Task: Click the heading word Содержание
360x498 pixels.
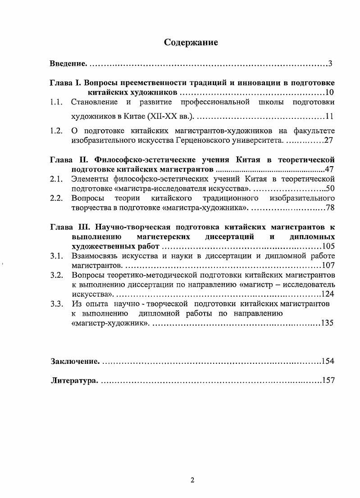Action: coord(191,43)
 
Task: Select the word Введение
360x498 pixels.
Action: coord(68,63)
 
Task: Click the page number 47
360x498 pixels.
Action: coord(329,170)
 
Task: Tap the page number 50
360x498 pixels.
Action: coord(329,189)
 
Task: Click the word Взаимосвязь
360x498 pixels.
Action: coord(96,256)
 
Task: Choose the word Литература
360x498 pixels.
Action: coord(73,380)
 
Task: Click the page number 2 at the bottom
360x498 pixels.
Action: coord(192,480)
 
